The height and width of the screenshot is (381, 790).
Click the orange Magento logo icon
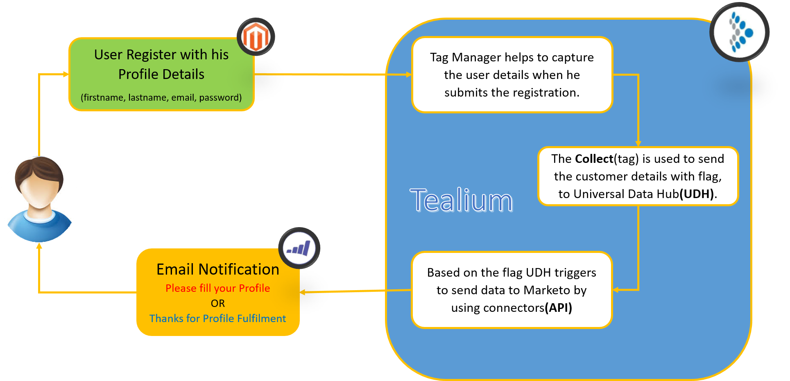(x=256, y=37)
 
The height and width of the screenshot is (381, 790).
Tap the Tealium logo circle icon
(x=739, y=32)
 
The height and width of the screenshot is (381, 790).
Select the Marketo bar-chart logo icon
(x=299, y=248)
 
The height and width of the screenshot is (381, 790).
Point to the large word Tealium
(x=461, y=201)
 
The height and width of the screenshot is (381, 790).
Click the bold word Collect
(x=594, y=159)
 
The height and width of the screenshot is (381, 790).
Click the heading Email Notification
(x=218, y=270)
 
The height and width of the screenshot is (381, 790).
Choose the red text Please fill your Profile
(x=218, y=288)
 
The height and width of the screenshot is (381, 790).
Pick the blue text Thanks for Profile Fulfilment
(x=218, y=318)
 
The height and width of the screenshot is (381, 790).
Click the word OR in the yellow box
(x=218, y=303)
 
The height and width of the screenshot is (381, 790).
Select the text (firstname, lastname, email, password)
(x=161, y=97)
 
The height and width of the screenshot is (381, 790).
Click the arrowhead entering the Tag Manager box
(x=409, y=74)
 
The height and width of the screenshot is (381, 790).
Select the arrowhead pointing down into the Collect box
(x=638, y=143)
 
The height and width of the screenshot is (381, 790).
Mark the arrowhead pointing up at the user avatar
(x=39, y=246)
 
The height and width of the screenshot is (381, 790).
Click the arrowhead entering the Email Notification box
(x=303, y=292)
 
